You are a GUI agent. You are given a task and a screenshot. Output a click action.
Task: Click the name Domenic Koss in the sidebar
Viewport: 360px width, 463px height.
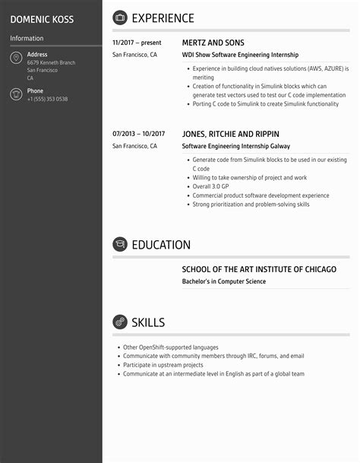pyautogui.click(x=42, y=18)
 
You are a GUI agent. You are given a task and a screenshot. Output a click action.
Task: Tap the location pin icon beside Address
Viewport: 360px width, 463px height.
pyautogui.click(x=16, y=59)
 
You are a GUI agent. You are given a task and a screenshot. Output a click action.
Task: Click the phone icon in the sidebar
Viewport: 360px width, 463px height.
pyautogui.click(x=16, y=94)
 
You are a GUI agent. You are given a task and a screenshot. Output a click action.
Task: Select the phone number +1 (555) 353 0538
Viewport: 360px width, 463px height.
pyautogui.click(x=47, y=100)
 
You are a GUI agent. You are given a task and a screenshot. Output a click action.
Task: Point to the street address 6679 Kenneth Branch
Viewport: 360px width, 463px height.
pyautogui.click(x=51, y=62)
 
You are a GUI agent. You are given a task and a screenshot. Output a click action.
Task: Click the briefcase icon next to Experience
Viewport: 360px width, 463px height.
pyautogui.click(x=120, y=18)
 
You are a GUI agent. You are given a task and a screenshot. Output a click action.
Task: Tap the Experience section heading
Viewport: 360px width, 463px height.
pyautogui.click(x=163, y=18)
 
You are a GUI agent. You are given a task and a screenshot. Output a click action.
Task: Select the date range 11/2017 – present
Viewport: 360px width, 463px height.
pyautogui.click(x=137, y=43)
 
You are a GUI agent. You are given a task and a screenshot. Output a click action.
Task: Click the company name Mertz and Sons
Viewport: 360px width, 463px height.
pyautogui.click(x=213, y=43)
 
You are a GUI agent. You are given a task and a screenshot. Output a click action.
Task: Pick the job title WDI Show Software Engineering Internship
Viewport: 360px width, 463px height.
pyautogui.click(x=240, y=55)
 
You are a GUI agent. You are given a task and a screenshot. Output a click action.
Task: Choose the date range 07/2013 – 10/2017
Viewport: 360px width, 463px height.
pyautogui.click(x=138, y=134)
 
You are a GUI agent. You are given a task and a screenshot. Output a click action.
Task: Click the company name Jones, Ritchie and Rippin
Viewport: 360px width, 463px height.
pyautogui.click(x=231, y=134)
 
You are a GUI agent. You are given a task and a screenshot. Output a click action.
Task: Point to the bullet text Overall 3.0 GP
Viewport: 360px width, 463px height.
pyautogui.click(x=210, y=186)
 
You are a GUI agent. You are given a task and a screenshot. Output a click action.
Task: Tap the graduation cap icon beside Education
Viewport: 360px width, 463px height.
pyautogui.click(x=120, y=245)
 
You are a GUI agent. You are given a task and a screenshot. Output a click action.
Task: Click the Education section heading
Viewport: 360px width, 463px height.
pyautogui.click(x=161, y=245)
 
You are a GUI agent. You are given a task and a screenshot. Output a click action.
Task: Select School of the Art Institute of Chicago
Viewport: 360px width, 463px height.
pyautogui.click(x=259, y=269)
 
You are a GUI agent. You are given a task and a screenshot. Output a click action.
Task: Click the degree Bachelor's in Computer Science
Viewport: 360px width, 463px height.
pyautogui.click(x=224, y=281)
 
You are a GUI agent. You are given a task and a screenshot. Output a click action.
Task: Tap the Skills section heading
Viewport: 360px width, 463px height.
pyautogui.click(x=148, y=322)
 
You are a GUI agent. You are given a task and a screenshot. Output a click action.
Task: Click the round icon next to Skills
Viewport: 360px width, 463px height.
pyautogui.click(x=120, y=322)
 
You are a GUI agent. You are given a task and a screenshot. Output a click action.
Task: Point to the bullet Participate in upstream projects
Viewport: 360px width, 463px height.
pyautogui.click(x=163, y=365)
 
